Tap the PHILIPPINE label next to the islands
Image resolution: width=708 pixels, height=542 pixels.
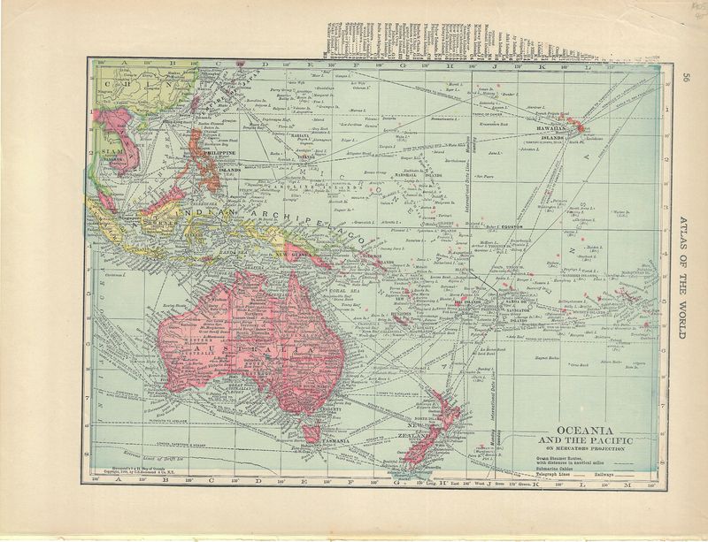pos(219,152)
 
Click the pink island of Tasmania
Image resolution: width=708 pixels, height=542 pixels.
pos(312,431)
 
